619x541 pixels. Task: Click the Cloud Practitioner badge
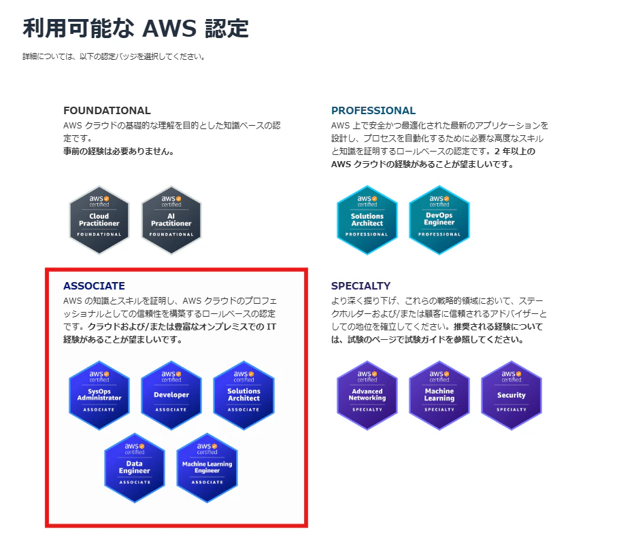(x=99, y=220)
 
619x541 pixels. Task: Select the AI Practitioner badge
(x=171, y=220)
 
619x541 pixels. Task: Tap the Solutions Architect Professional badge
(x=367, y=220)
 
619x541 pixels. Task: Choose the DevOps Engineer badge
(x=439, y=220)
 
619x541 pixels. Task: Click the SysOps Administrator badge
(x=99, y=395)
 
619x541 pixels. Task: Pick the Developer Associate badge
(x=171, y=395)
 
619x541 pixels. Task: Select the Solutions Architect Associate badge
(x=244, y=395)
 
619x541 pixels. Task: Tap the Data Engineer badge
(x=135, y=468)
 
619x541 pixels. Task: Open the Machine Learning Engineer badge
(x=207, y=468)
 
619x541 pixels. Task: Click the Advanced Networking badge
(x=367, y=395)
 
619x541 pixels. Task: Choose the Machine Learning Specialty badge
(x=439, y=395)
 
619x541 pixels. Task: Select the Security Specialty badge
(x=512, y=395)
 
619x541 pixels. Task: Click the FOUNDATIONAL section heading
(x=107, y=110)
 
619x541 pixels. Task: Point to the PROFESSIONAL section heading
(x=373, y=110)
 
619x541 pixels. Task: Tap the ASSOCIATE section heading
(x=94, y=286)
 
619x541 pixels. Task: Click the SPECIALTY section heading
(x=361, y=286)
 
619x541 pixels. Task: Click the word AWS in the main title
(x=169, y=29)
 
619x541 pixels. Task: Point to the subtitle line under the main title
(x=114, y=56)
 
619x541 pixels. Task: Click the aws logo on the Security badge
(x=511, y=373)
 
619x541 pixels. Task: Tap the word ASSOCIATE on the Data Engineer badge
(x=135, y=483)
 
